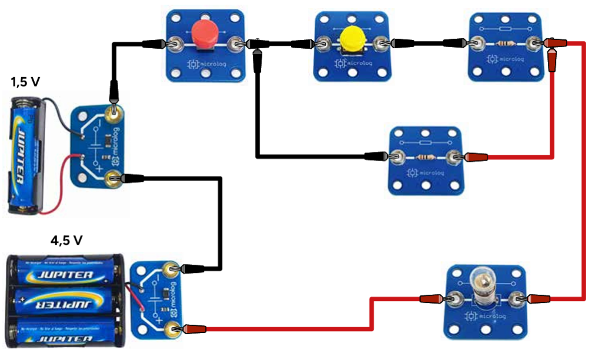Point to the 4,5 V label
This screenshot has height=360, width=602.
[66, 241]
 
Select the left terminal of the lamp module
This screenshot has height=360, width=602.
[453, 299]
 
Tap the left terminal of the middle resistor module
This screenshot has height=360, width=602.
[396, 156]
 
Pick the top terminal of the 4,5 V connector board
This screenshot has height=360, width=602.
[171, 269]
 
